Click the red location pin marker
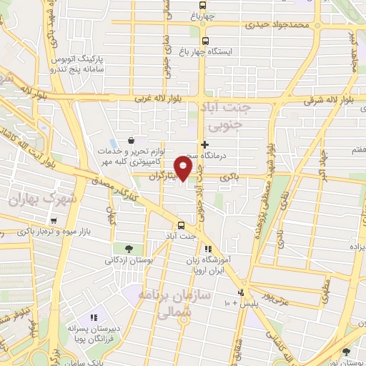(x=184, y=169)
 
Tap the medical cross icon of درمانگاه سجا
(x=205, y=144)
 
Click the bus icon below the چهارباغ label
(x=206, y=41)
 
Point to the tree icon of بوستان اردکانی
(x=128, y=249)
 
